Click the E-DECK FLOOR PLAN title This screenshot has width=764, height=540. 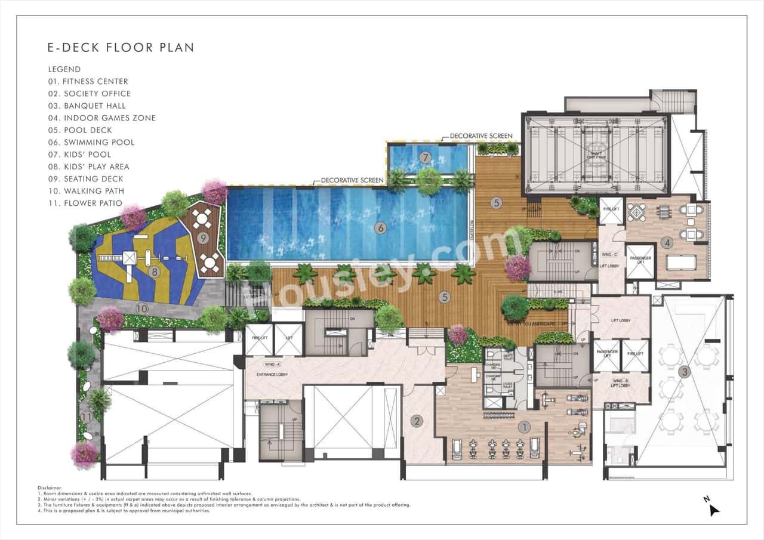121,48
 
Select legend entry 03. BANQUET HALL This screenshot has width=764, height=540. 87,106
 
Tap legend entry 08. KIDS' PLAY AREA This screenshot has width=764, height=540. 89,166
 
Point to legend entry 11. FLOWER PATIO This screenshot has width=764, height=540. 85,203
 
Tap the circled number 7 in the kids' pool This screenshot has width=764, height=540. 425,158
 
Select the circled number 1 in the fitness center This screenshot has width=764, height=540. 524,427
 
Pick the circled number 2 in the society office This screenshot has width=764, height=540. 417,421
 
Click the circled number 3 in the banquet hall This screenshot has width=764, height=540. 685,372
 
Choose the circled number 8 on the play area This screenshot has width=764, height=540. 155,272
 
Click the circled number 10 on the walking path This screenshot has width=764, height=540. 141,308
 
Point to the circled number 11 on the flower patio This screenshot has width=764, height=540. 87,416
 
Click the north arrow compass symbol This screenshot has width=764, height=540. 713,509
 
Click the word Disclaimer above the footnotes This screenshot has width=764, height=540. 50,487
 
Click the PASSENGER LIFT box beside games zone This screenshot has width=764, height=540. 640,261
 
